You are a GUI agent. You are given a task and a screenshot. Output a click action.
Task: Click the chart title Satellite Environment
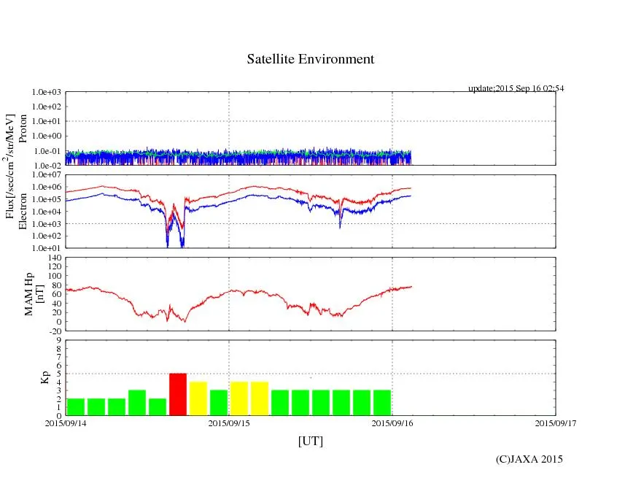310,59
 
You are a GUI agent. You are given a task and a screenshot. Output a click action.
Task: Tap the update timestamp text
516,88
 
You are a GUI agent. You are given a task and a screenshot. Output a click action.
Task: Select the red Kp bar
178,394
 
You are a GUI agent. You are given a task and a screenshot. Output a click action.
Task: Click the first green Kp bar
76,406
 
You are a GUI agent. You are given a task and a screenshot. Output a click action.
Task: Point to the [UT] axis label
310,441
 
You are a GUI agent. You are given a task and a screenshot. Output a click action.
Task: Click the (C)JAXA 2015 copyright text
529,459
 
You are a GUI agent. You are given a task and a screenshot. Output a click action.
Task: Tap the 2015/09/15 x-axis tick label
229,422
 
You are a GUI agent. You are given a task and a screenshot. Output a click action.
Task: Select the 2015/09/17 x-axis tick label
556,422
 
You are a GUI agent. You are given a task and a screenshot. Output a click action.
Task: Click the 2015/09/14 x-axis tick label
66,422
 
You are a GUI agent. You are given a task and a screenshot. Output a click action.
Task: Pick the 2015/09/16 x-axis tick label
392,422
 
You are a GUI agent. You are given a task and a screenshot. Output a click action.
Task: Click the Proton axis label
23,128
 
